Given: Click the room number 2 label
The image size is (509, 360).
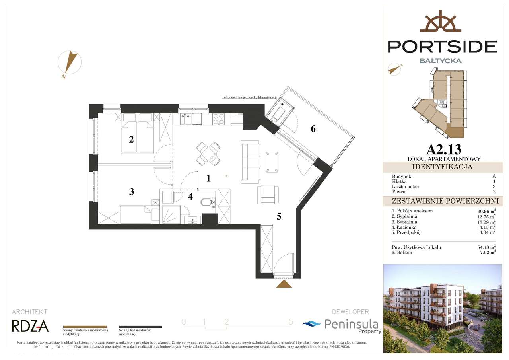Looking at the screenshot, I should [131, 140].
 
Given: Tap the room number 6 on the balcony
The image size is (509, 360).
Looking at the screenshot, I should [313, 128].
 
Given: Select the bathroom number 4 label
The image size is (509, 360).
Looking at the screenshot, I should [190, 196].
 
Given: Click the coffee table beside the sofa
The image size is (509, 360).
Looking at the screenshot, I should [272, 162].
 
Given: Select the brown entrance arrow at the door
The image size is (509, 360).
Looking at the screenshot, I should [284, 283].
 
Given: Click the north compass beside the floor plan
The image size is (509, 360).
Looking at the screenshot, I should [70, 63].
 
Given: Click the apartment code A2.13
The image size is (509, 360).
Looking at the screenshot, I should [444, 150].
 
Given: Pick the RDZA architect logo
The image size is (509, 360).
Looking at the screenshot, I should [30, 326].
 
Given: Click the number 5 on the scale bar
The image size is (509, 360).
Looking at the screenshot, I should [291, 322].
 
